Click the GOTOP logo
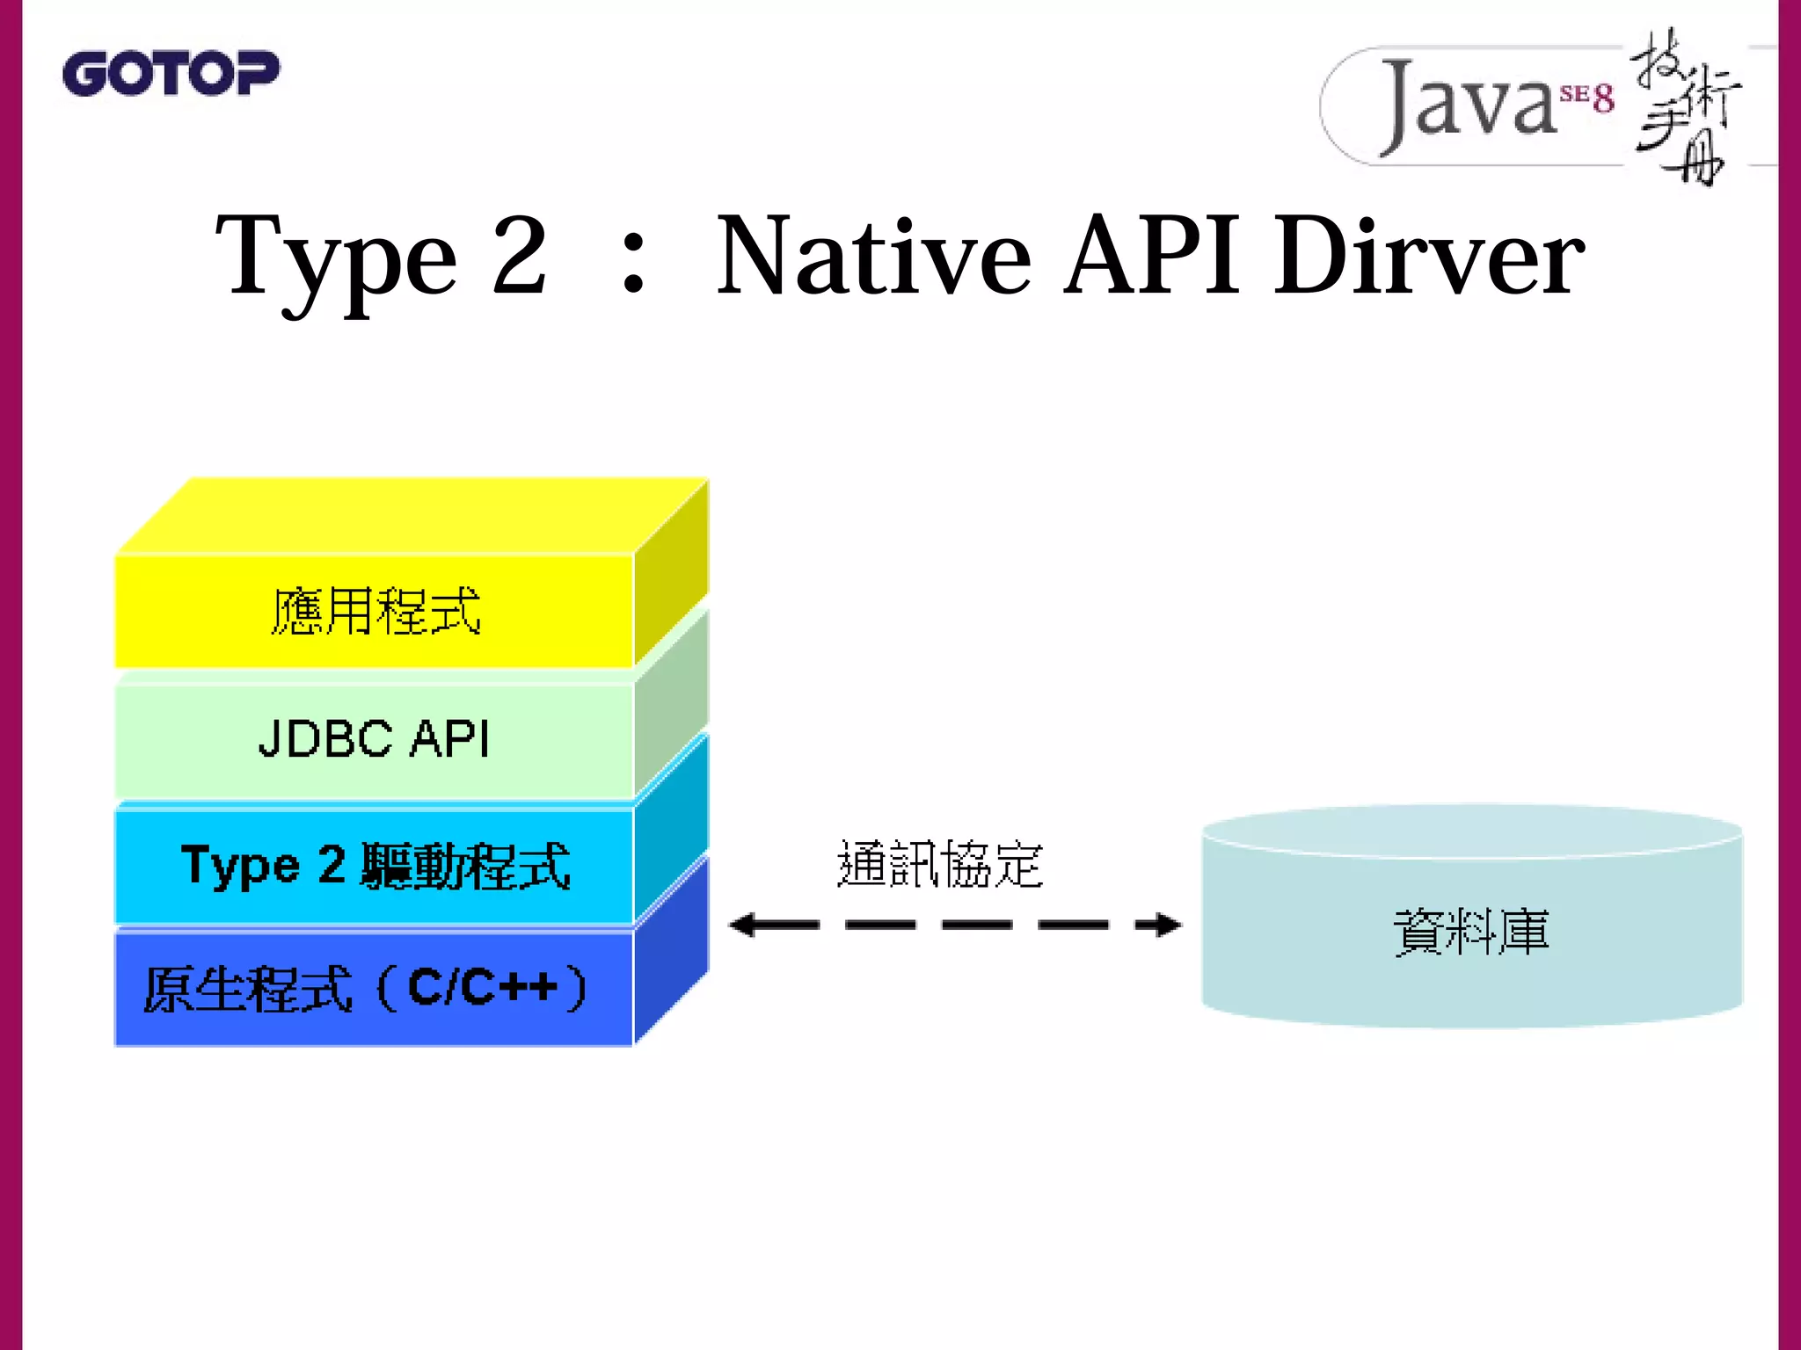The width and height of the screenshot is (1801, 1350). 171,73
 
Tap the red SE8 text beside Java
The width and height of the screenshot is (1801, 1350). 1587,97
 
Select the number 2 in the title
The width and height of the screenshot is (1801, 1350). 519,255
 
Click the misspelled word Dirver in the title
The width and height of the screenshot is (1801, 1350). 1429,257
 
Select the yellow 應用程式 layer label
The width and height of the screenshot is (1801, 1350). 376,611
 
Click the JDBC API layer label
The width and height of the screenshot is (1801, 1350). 374,738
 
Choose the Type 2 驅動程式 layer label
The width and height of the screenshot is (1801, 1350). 376,866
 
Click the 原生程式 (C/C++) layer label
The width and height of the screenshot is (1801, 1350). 365,989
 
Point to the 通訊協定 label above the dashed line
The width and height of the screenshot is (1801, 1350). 939,864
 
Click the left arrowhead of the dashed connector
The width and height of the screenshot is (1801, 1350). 744,925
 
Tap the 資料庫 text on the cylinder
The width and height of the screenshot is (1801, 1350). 1471,932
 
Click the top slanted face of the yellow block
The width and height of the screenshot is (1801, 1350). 413,516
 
